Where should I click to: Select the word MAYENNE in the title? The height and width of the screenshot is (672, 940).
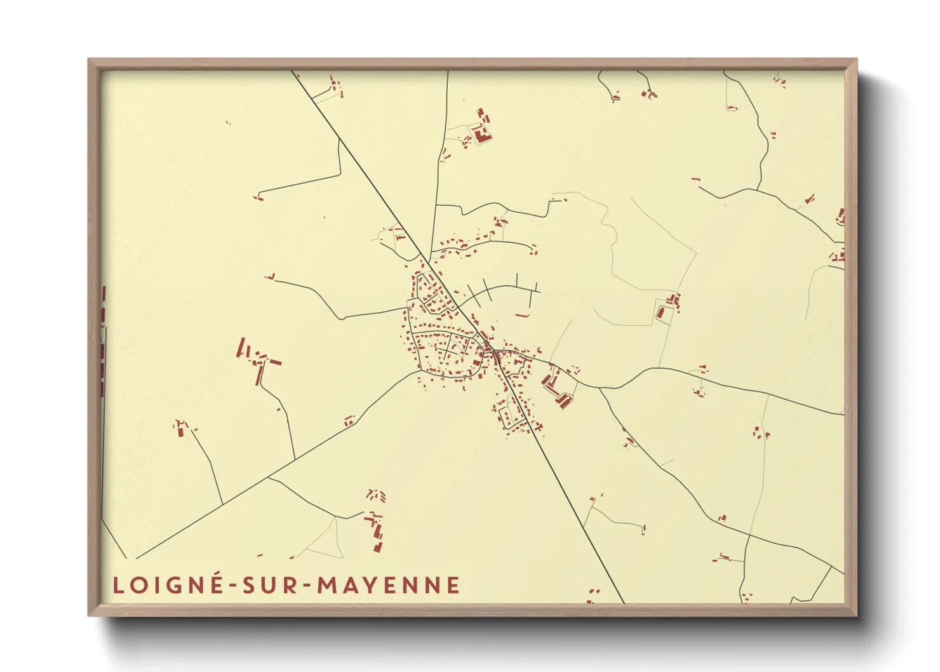click(388, 585)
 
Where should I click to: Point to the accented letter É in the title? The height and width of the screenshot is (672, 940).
click(216, 584)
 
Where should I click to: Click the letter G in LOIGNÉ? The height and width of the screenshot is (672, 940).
click(175, 585)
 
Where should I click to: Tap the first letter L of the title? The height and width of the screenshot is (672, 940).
click(118, 585)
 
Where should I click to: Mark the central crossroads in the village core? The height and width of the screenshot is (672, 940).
click(489, 348)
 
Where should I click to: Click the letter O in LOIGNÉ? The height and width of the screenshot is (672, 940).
click(138, 585)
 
